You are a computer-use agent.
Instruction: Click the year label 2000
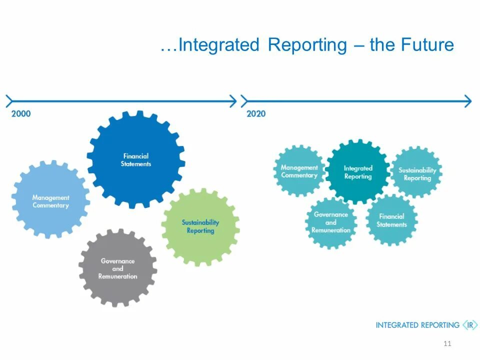(21, 113)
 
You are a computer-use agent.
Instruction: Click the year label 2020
(256, 113)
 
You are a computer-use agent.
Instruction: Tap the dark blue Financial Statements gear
(135, 159)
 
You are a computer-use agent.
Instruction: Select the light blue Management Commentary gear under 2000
(50, 201)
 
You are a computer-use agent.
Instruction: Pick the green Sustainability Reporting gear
(200, 227)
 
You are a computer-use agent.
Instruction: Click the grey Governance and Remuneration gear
(117, 268)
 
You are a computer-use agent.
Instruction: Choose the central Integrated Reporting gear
(358, 172)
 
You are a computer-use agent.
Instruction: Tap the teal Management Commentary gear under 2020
(299, 171)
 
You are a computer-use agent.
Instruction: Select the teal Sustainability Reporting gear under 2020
(417, 173)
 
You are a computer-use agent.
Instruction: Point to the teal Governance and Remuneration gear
(330, 222)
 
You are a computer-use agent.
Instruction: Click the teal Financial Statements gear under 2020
(391, 220)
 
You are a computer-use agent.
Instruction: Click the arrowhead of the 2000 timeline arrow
(232, 101)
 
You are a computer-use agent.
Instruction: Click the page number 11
(447, 343)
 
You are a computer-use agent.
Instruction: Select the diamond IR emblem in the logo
(469, 325)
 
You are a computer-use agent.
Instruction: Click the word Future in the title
(427, 45)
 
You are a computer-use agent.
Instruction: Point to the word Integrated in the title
(219, 45)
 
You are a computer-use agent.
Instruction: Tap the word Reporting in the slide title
(307, 45)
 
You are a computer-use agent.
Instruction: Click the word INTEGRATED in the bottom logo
(397, 325)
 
